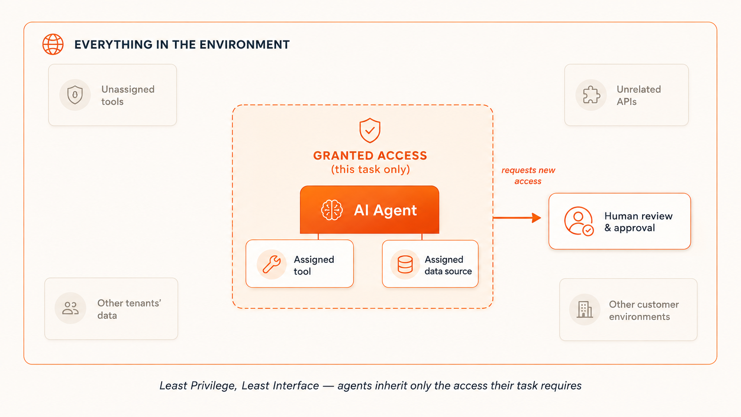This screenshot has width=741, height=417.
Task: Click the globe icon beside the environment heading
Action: (x=53, y=44)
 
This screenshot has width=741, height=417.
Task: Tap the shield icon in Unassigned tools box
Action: (x=75, y=95)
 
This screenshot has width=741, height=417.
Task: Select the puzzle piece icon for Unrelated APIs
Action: (x=591, y=95)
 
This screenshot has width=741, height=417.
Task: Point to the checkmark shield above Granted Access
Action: (x=370, y=130)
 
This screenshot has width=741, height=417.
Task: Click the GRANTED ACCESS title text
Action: (x=370, y=156)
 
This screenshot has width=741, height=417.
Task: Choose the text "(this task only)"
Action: (x=370, y=169)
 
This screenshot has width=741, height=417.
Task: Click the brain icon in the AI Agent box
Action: (x=331, y=210)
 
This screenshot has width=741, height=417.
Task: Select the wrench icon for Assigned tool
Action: (x=272, y=264)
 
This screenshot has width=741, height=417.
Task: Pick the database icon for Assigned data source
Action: (x=405, y=264)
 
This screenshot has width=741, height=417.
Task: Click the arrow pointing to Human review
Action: (x=517, y=218)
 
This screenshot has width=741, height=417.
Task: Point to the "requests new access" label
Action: (x=528, y=175)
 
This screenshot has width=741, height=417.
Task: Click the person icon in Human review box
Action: (x=579, y=221)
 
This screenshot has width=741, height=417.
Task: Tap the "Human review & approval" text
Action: (x=639, y=222)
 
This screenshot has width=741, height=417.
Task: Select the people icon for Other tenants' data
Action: (x=70, y=308)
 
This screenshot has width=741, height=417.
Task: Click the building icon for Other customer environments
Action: (x=585, y=309)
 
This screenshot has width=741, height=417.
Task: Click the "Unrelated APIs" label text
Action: (x=639, y=95)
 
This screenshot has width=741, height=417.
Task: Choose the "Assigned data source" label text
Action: (x=448, y=265)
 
